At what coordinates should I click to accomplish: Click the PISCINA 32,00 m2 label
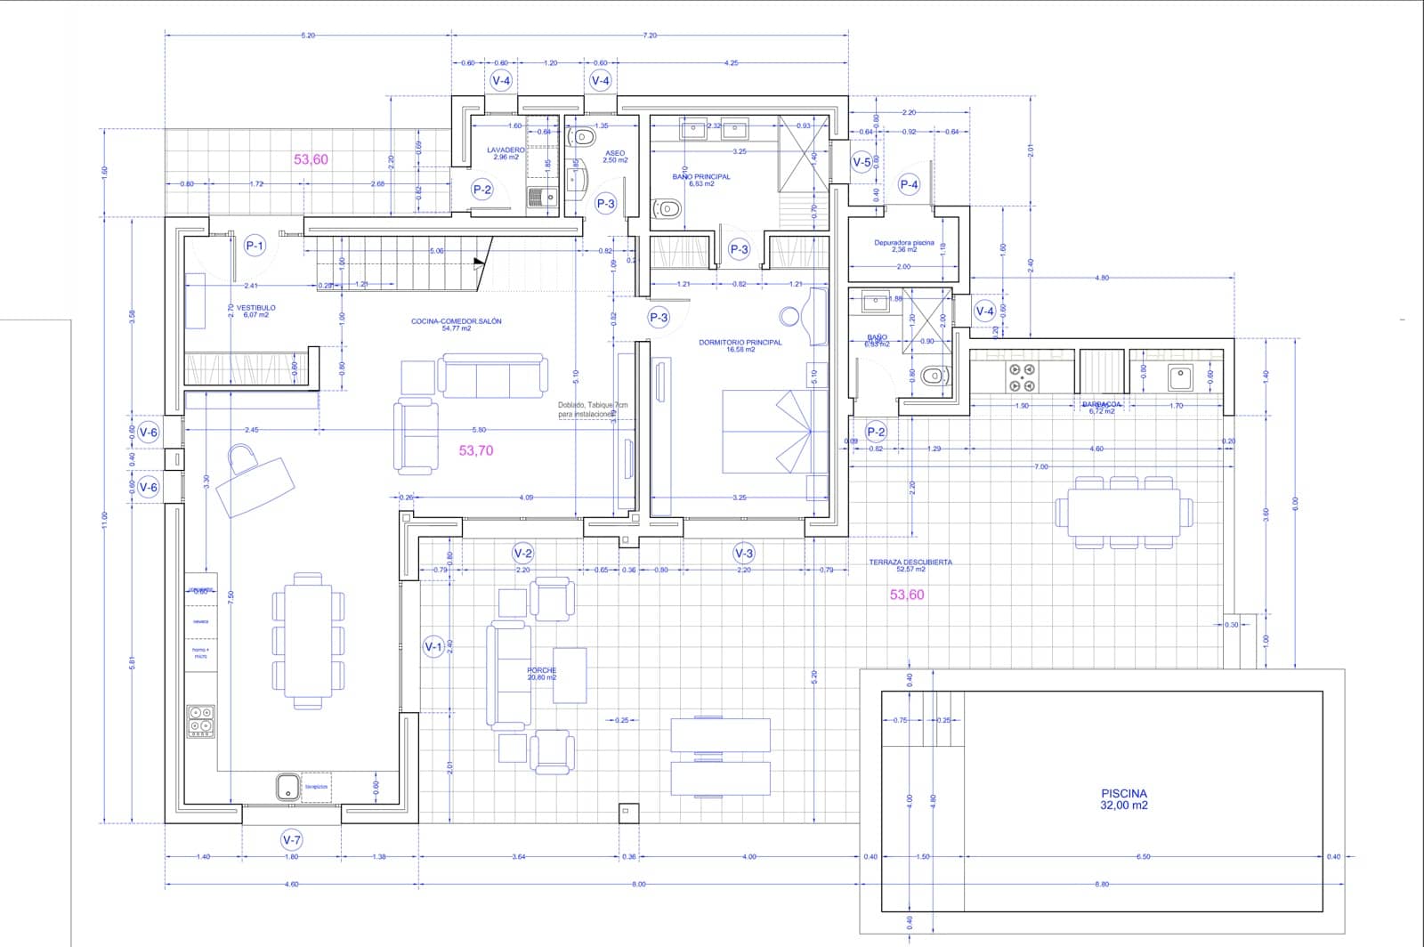click(x=1124, y=798)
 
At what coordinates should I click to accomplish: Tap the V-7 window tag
click(x=291, y=839)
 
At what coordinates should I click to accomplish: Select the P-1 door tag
click(x=255, y=246)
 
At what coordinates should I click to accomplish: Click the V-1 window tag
click(x=433, y=647)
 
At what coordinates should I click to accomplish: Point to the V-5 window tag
click(x=862, y=162)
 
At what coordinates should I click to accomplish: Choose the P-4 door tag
click(x=909, y=184)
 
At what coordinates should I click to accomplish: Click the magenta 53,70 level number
click(x=476, y=450)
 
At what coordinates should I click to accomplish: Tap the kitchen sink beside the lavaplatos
click(x=287, y=787)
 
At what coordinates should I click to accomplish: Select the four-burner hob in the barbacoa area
click(x=1022, y=378)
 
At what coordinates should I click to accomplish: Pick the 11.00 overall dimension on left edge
click(x=104, y=519)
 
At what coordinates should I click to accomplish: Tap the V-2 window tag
click(x=522, y=553)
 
